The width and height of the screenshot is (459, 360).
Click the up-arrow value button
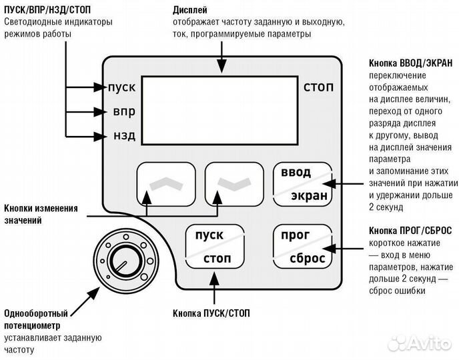coord(166,184)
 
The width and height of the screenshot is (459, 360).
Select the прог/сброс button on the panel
coord(302,247)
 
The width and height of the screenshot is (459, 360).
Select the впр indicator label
coord(123,111)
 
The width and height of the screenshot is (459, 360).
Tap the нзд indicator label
coord(123,136)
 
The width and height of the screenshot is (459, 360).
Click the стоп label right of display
coord(318,87)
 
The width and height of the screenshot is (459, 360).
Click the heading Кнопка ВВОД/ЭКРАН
coord(410,63)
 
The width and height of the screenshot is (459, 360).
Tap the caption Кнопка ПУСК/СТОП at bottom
coord(213,313)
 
